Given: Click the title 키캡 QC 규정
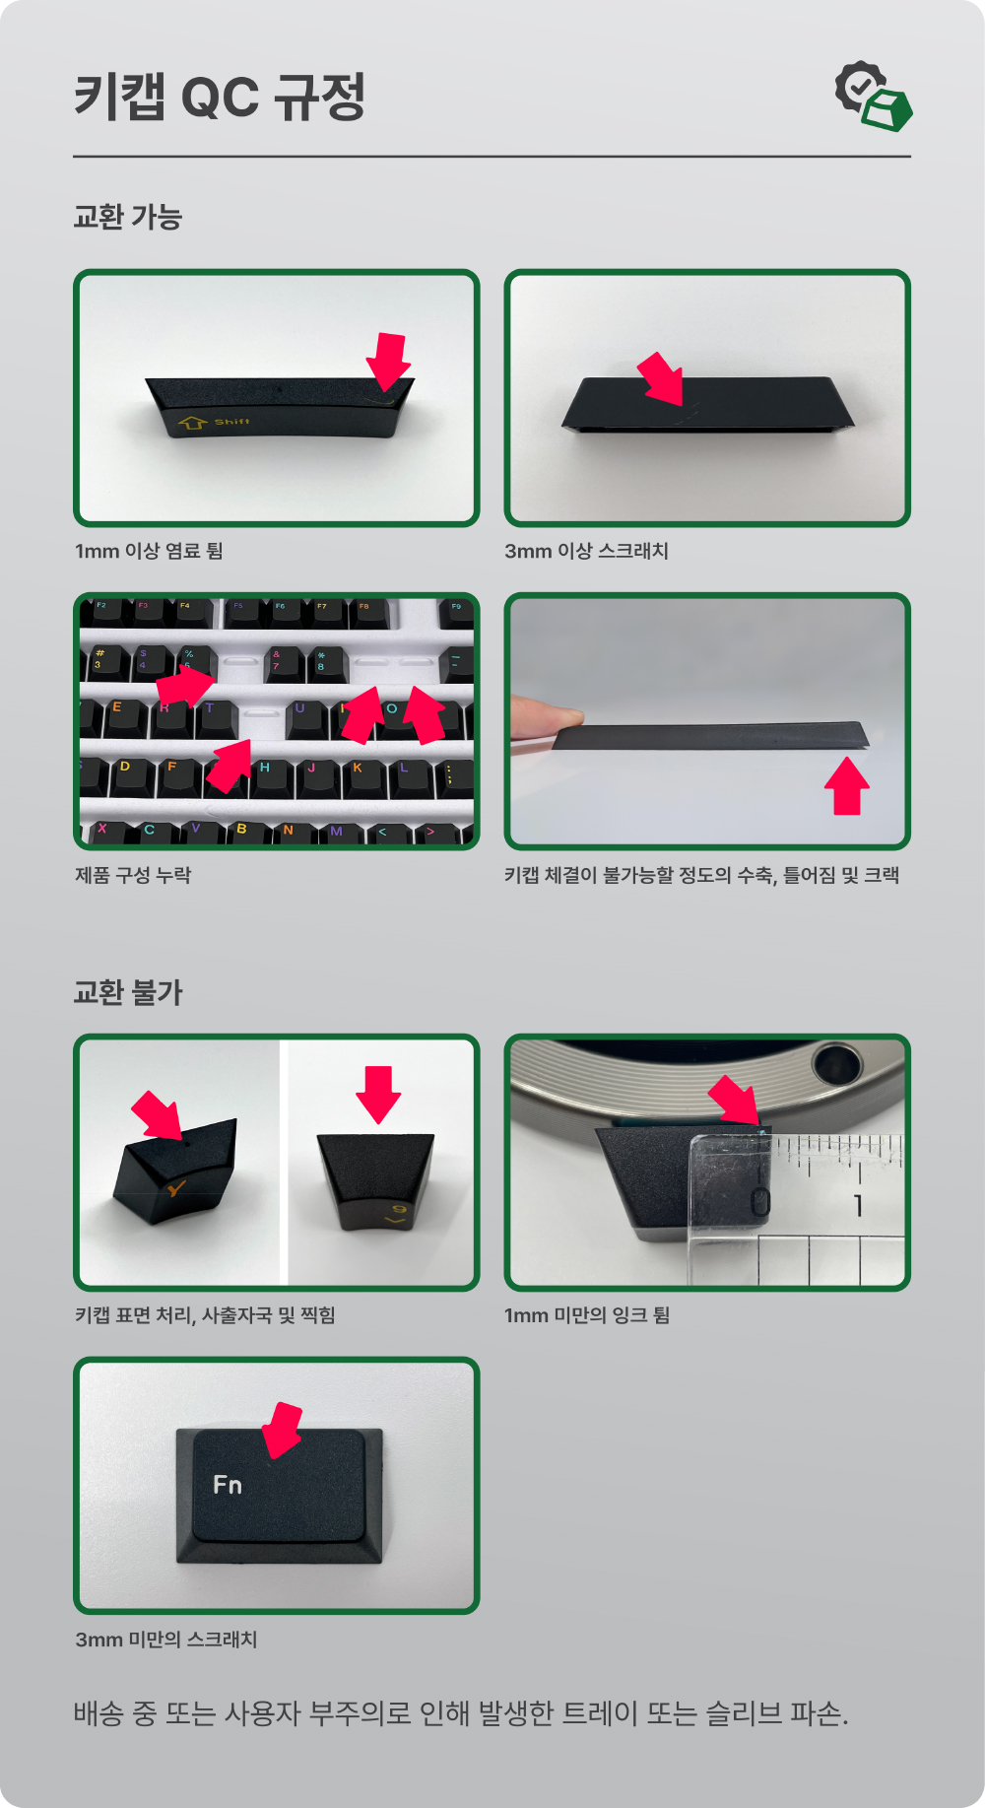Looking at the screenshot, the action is click(220, 97).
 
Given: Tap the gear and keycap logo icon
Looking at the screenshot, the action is click(873, 97).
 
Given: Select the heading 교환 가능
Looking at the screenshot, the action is click(128, 217).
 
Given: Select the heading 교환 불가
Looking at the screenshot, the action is click(128, 991).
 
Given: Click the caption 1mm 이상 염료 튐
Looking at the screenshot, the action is click(149, 551).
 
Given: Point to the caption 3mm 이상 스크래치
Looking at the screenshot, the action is click(586, 551).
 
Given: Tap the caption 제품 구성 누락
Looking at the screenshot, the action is click(133, 875).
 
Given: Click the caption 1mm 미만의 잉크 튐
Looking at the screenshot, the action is click(587, 1315).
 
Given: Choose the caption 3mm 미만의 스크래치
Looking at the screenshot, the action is click(166, 1640).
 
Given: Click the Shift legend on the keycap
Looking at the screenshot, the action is click(232, 422).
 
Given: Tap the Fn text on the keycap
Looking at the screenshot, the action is click(228, 1485).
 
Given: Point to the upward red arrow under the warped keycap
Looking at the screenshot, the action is click(846, 785).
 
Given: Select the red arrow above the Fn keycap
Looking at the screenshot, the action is click(283, 1431).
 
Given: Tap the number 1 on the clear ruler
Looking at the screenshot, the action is click(858, 1204).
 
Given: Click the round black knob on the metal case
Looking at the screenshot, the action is click(836, 1063).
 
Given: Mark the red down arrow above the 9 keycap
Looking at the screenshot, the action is click(378, 1095).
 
